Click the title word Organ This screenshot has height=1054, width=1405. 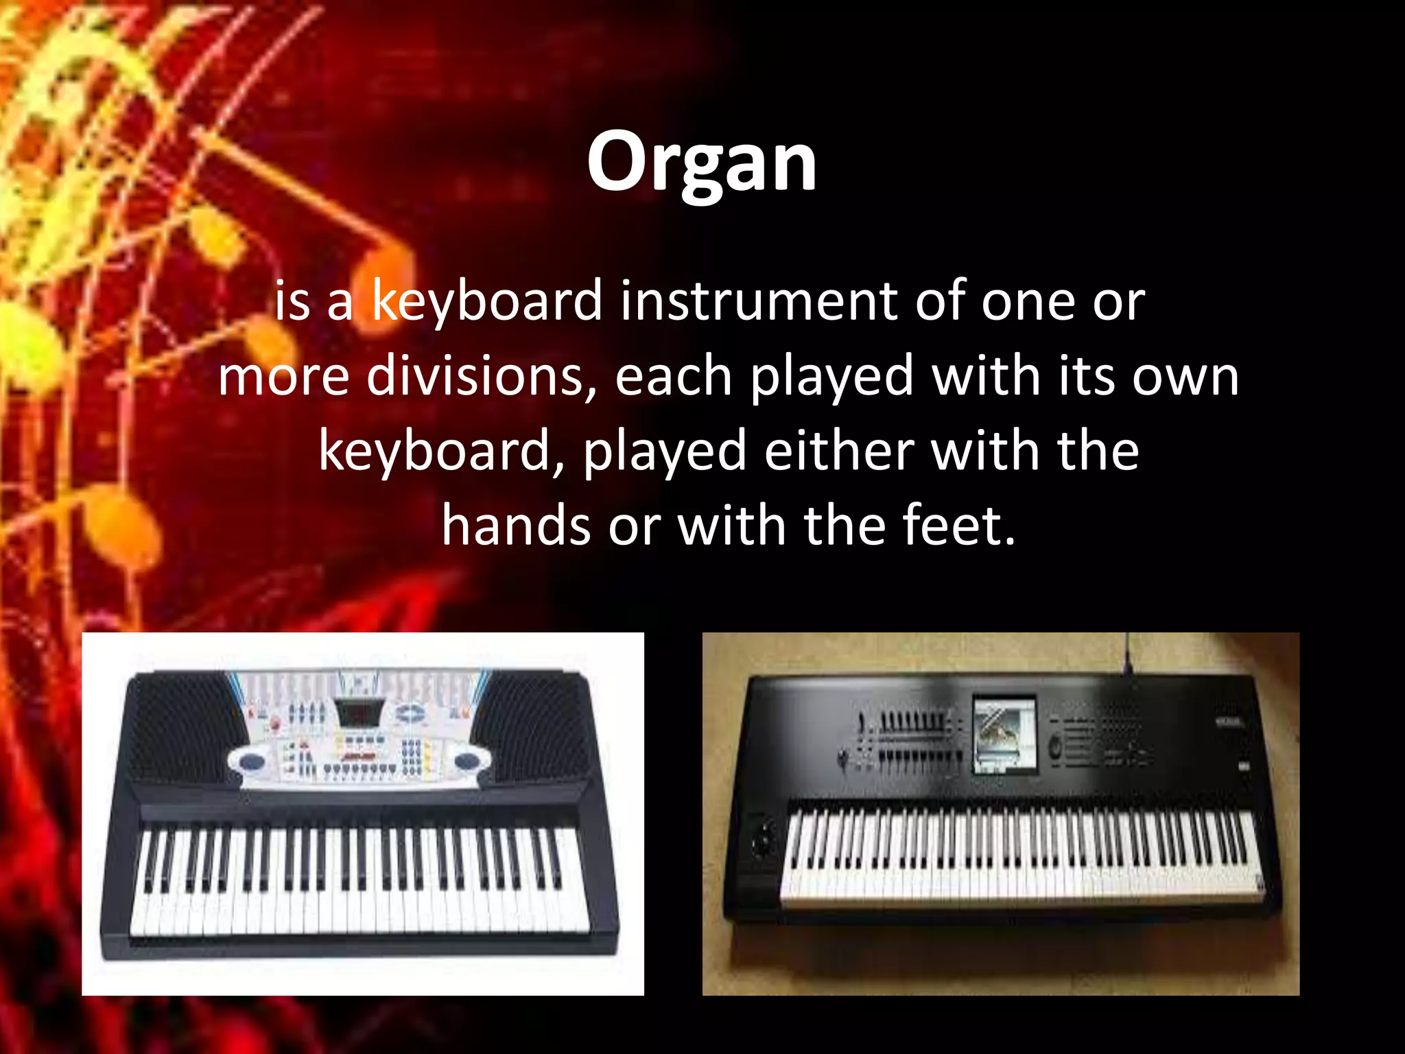tap(701, 163)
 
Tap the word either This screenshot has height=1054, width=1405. tap(838, 451)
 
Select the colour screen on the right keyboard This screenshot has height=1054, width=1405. tap(1004, 734)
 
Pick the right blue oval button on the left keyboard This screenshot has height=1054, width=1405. tap(467, 760)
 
